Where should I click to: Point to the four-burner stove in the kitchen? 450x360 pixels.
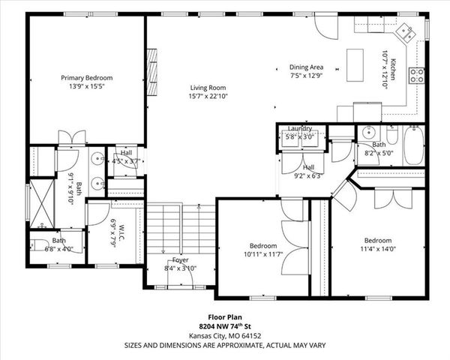point(416,74)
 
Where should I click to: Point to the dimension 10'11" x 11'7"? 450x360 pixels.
point(264,255)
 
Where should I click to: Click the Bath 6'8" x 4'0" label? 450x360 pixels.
point(59,244)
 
